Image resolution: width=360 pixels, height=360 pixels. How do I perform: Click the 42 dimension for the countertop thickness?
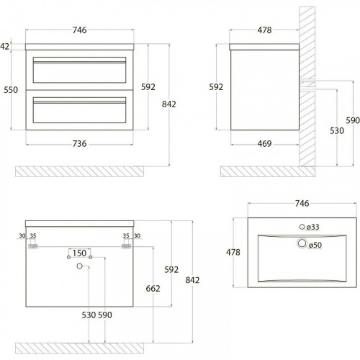(4, 46)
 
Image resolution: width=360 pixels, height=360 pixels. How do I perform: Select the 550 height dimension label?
(11, 90)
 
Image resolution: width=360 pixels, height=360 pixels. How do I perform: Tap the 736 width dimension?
(79, 144)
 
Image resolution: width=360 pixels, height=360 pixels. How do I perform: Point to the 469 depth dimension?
(264, 144)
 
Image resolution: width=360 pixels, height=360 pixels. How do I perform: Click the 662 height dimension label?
(153, 289)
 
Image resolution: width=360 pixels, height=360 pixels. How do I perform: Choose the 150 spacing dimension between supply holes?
(79, 253)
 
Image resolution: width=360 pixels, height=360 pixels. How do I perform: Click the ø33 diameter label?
(312, 227)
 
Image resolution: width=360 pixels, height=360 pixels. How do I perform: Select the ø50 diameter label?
(315, 245)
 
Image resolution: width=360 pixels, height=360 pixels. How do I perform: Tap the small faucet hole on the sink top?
(302, 227)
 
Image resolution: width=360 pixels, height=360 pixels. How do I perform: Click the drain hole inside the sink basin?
(302, 243)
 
